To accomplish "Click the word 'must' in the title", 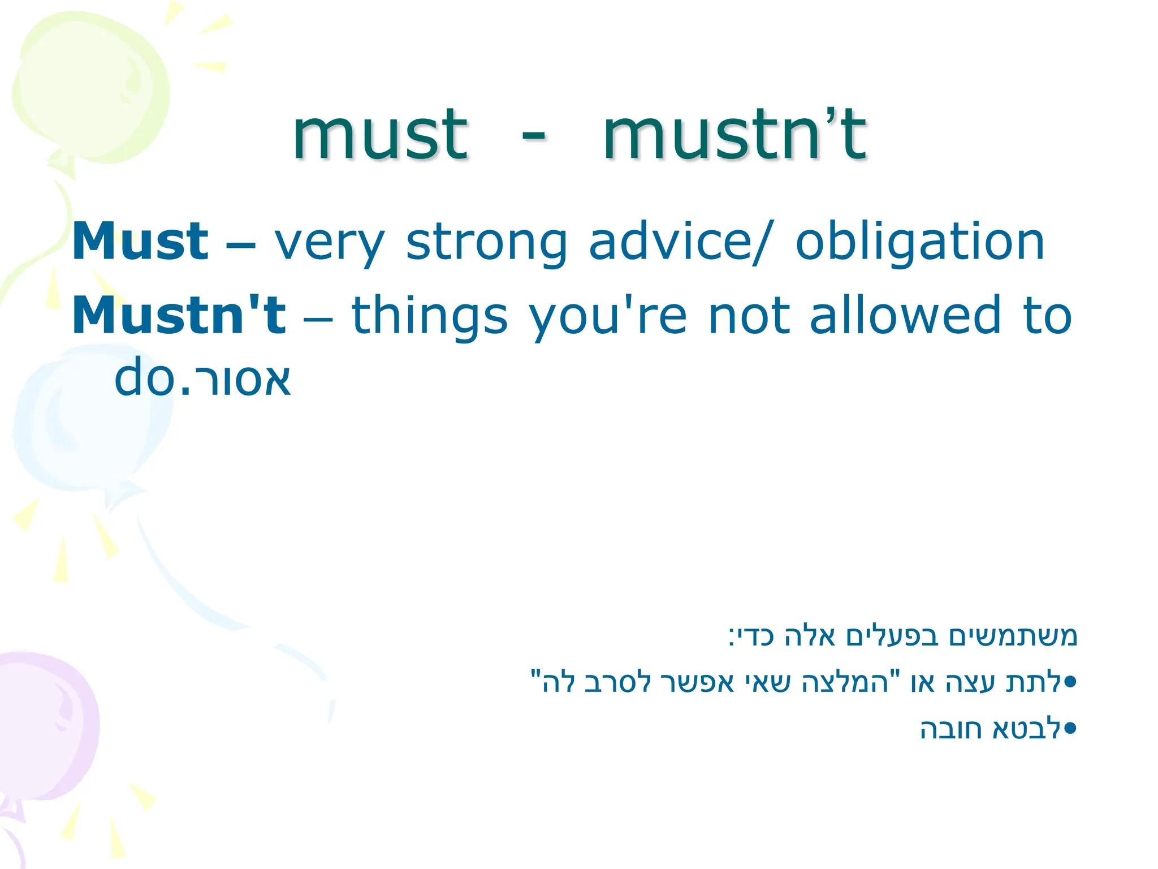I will pyautogui.click(x=380, y=136).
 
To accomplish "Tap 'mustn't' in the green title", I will pyautogui.click(x=734, y=136).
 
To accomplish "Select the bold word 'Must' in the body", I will pyautogui.click(x=140, y=242).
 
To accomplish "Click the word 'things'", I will pyautogui.click(x=430, y=317).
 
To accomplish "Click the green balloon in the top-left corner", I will pyautogui.click(x=90, y=91).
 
